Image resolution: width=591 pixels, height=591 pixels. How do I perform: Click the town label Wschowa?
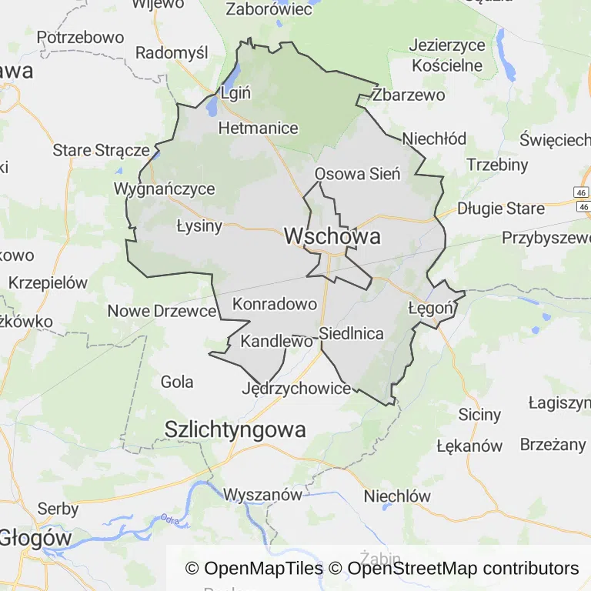pyautogui.click(x=332, y=236)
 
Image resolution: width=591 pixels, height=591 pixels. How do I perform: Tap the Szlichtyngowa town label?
pyautogui.click(x=235, y=429)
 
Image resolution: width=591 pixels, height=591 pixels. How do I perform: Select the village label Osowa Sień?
pyautogui.click(x=358, y=174)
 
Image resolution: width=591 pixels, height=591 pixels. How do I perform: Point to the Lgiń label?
pyautogui.click(x=235, y=93)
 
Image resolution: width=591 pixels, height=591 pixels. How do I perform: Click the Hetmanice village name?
pyautogui.click(x=258, y=128)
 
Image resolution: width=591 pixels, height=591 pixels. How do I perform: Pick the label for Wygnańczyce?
pyautogui.click(x=164, y=189)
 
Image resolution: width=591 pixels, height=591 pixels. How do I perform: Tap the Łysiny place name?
pyautogui.click(x=199, y=225)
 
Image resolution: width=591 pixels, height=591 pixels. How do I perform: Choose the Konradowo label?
pyautogui.click(x=274, y=303)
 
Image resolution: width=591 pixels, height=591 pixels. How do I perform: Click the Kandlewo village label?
pyautogui.click(x=277, y=340)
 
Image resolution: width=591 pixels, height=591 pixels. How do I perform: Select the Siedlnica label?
pyautogui.click(x=351, y=334)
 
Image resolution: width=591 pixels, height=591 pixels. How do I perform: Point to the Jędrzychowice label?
pyautogui.click(x=296, y=389)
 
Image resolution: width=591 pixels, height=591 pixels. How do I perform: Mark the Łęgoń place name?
pyautogui.click(x=432, y=308)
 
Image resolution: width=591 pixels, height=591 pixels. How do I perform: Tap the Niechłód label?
pyautogui.click(x=434, y=139)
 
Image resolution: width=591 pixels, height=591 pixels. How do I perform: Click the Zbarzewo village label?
pyautogui.click(x=408, y=95)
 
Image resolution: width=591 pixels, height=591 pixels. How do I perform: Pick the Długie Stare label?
pyautogui.click(x=501, y=209)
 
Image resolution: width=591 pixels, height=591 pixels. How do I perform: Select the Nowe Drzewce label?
pyautogui.click(x=162, y=311)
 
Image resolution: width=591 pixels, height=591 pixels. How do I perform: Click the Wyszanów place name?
pyautogui.click(x=262, y=494)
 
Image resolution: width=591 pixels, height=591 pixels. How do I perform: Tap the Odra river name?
pyautogui.click(x=169, y=521)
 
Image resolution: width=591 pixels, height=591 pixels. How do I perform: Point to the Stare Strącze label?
pyautogui.click(x=101, y=150)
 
